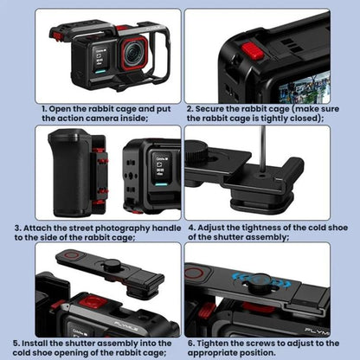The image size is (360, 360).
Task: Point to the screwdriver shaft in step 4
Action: tap(262, 151)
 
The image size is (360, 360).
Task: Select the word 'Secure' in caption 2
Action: tap(210, 109)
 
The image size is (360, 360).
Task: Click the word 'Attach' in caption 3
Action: tap(37, 228)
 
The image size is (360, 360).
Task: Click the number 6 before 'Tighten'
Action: tap(191, 344)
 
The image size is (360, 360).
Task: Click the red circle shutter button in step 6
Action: tap(194, 272)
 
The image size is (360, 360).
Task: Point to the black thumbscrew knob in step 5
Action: tap(112, 265)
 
